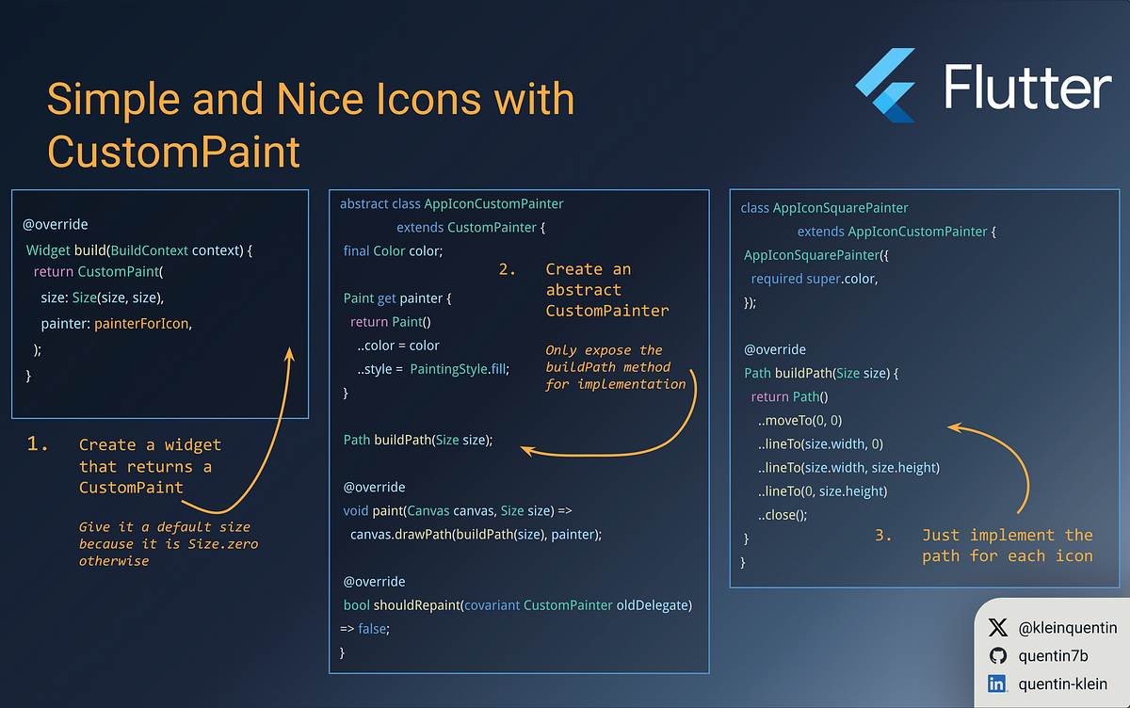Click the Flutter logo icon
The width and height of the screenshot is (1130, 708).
coord(886,87)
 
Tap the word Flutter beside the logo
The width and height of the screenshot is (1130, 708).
coord(1027,88)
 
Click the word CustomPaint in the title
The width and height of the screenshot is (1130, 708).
coord(174,152)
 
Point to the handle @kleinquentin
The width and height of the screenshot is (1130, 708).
coord(1068,627)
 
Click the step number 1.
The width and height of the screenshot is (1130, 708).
coord(38,444)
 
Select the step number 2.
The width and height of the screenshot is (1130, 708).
coord(508,269)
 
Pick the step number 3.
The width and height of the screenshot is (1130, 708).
coord(883,535)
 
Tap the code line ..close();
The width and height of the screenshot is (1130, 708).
coord(783,515)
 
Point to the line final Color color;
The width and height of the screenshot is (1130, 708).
coord(393,250)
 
